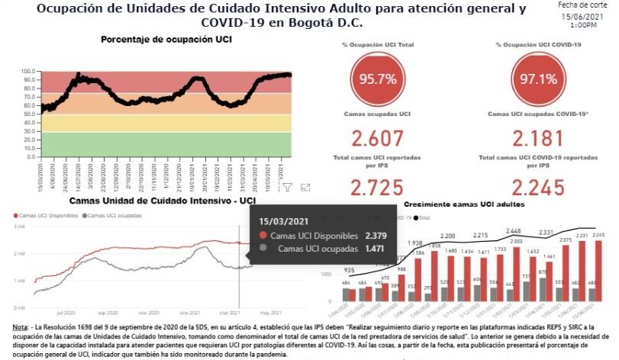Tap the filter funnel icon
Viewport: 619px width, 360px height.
[288, 187]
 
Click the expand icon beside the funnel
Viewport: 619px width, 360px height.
[305, 187]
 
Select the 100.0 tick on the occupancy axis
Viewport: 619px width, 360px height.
[29, 71]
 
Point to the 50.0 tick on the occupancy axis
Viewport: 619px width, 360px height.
[29, 114]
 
